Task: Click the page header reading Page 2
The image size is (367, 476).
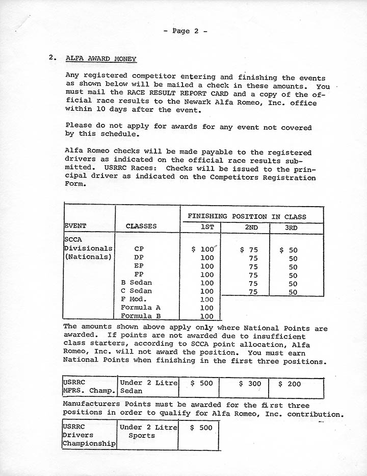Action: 185,31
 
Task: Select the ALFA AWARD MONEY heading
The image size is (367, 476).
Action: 101,59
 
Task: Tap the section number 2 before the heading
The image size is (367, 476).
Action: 52,58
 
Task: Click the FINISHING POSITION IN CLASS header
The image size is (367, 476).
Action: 247,216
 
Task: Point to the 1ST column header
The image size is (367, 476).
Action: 207,228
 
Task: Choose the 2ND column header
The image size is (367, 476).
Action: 251,228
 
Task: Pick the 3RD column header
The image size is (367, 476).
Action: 291,228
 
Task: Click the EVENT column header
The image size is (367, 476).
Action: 75,226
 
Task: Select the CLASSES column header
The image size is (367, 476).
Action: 141,226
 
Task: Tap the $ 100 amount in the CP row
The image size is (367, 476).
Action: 203,249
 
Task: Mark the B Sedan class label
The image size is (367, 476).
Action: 136,283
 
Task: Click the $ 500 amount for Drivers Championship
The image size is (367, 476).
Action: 201,428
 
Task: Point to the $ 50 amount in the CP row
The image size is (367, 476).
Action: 289,250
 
